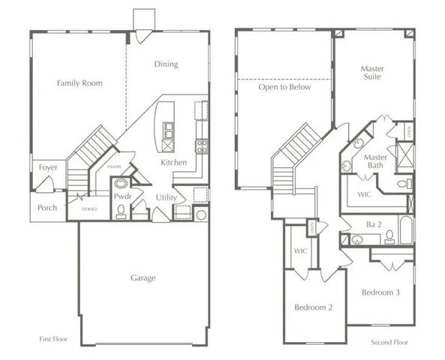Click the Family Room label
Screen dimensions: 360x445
tap(80, 82)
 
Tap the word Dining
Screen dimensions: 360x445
tap(166, 64)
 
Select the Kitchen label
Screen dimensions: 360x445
tap(173, 162)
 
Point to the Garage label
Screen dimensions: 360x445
tap(143, 277)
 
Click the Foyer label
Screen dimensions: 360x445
tap(47, 167)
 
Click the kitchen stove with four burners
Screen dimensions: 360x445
tap(202, 145)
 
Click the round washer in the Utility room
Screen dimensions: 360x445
tap(201, 214)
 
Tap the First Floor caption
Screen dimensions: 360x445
tap(53, 339)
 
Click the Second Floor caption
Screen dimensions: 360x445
tap(390, 342)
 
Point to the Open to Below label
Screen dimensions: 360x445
tap(284, 87)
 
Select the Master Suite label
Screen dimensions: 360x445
tap(372, 72)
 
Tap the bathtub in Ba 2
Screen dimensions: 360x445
tap(405, 230)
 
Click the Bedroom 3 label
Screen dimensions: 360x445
tap(380, 292)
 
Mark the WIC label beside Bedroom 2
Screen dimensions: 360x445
tap(300, 250)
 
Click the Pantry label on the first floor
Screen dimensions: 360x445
tap(114, 168)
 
